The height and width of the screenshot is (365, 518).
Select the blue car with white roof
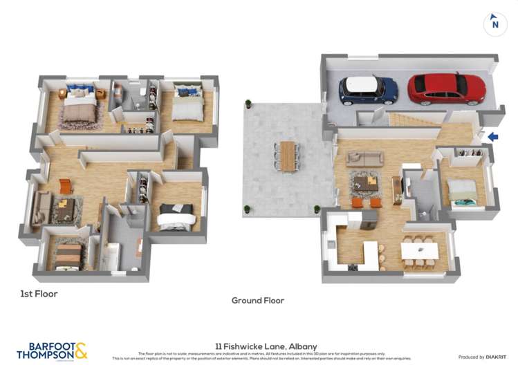pos(368,90)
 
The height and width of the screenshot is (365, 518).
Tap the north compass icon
pos(494,24)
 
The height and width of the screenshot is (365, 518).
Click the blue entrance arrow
pos(492,137)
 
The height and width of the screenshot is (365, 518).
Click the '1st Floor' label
pos(39,294)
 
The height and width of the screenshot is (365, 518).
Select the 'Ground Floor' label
pos(258,301)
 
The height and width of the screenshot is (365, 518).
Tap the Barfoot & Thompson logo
pos(53,350)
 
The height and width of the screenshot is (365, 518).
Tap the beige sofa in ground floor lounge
pos(364,158)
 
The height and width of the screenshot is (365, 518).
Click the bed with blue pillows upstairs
pos(81,104)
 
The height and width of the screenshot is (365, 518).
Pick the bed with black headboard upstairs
pos(178,216)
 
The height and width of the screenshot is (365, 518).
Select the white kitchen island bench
pos(371,254)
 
